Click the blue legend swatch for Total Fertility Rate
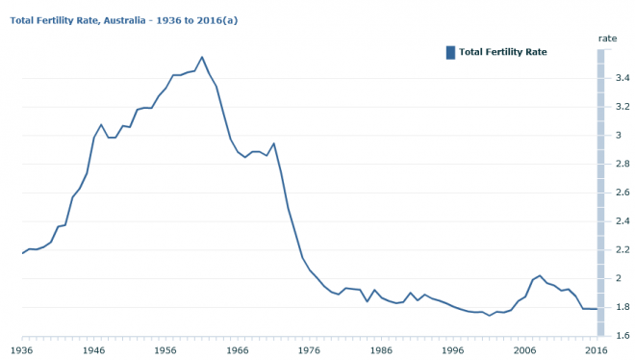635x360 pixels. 450,52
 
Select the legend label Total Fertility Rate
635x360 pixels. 503,52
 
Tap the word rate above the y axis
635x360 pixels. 607,38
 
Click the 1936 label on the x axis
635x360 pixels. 23,351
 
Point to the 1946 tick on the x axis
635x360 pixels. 94,351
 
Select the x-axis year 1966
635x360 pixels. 238,351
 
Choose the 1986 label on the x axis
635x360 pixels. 381,351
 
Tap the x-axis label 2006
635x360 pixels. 524,351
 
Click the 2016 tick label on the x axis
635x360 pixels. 596,351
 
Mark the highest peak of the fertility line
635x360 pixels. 202,57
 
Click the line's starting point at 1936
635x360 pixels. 23,253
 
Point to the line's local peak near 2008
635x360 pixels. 540,275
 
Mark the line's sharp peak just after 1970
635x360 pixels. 274,143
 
